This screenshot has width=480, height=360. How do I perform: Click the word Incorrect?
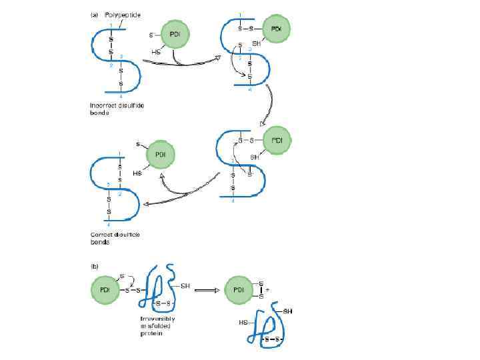(101, 105)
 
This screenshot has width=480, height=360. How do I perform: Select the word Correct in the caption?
(100, 235)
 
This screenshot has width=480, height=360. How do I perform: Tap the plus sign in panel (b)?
(267, 291)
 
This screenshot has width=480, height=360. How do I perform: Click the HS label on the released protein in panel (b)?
(243, 323)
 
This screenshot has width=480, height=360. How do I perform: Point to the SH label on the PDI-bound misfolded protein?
(185, 286)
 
